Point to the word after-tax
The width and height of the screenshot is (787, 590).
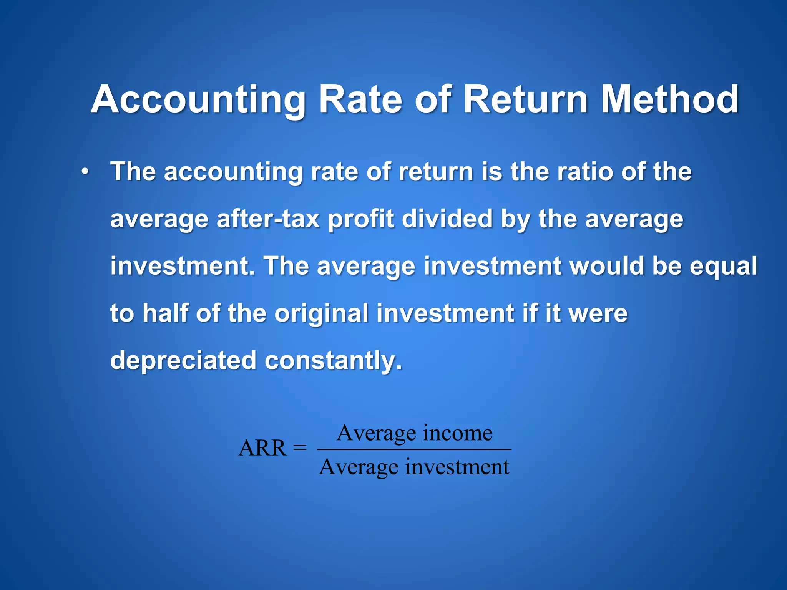pos(268,219)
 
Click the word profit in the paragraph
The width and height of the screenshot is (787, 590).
pos(361,219)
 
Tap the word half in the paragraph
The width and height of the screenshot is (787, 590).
pos(166,313)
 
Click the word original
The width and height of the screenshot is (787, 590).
pos(322,313)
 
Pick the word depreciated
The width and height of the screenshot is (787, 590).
pos(183,360)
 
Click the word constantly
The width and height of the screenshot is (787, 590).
pos(333,360)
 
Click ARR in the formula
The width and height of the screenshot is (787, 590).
pos(262,448)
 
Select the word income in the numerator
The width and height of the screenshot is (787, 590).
pos(457,433)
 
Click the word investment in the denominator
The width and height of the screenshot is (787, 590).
pos(457,467)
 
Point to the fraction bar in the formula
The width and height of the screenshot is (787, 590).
pos(414,449)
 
